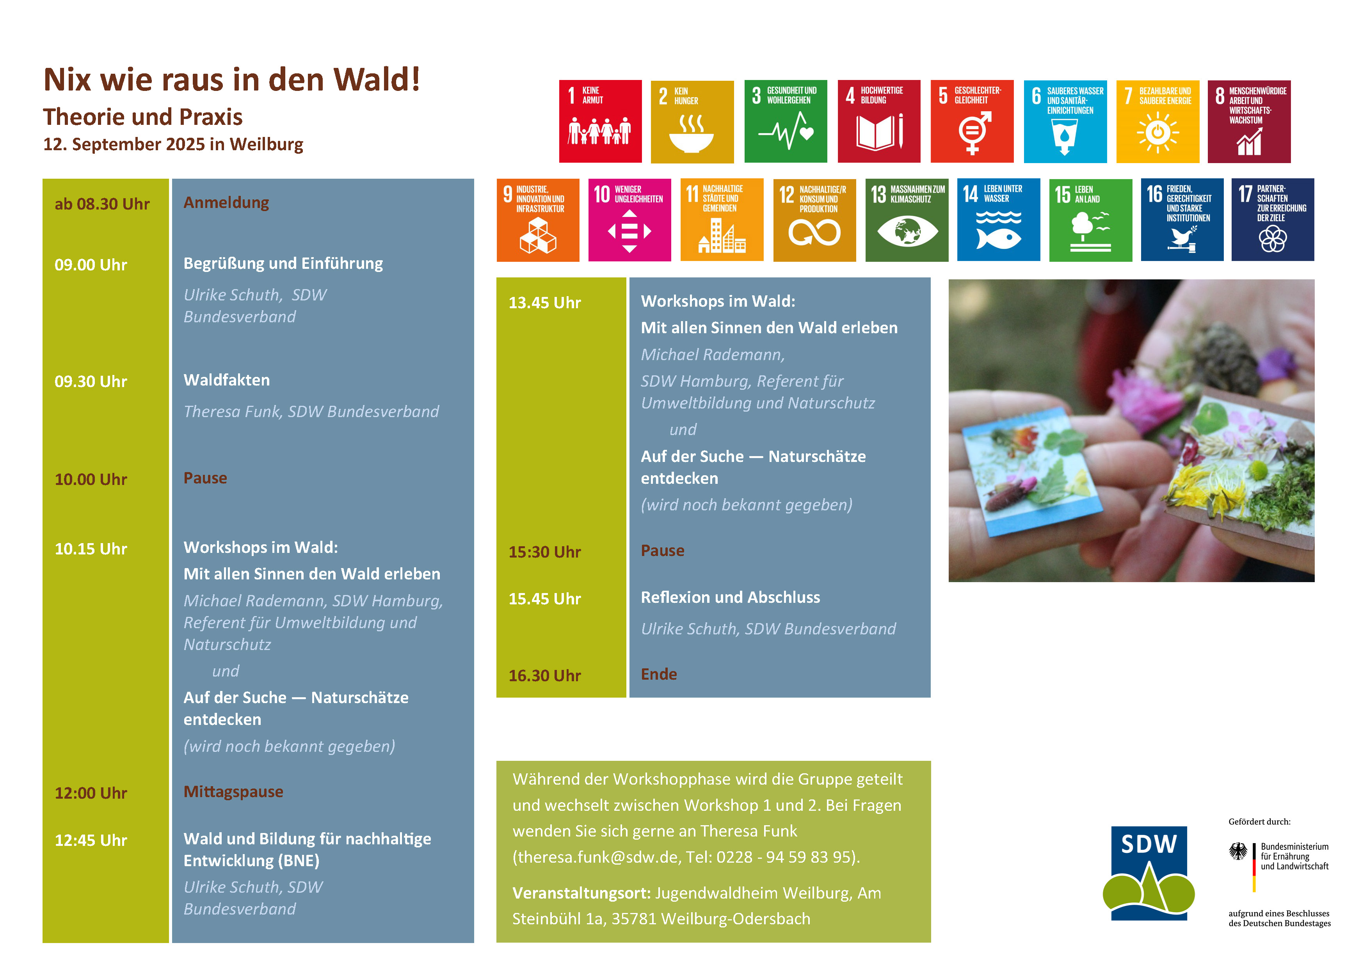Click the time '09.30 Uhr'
tap(91, 382)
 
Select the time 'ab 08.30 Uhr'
tap(102, 204)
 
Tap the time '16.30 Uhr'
tap(544, 675)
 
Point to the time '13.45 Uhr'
tap(544, 302)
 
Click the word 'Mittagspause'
tap(233, 792)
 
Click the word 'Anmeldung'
tap(226, 202)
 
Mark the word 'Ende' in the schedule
tap(659, 674)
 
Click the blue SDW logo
tap(1149, 873)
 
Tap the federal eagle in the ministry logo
tap(1238, 851)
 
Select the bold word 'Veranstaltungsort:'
tap(581, 893)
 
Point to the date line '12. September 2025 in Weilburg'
tap(173, 144)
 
